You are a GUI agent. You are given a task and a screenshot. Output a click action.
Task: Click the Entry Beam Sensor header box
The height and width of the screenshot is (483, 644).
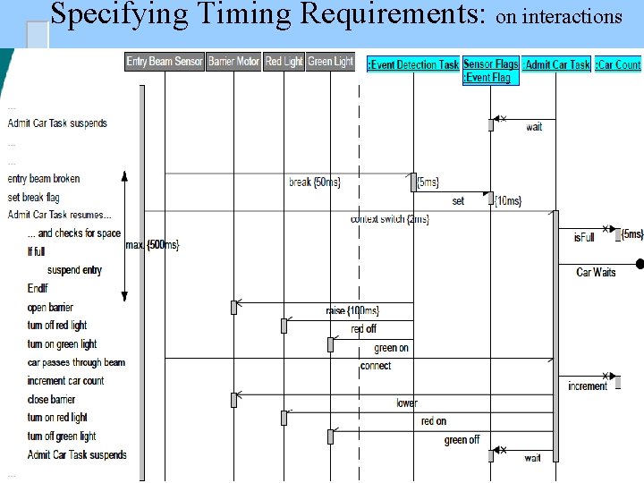pyautogui.click(x=165, y=62)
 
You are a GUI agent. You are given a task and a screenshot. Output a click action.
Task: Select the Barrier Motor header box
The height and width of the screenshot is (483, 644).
pyautogui.click(x=233, y=62)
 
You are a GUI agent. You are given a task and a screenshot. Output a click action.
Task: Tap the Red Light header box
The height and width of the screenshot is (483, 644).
pyautogui.click(x=284, y=62)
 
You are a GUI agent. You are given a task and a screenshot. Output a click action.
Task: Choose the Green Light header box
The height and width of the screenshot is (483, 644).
pyautogui.click(x=331, y=62)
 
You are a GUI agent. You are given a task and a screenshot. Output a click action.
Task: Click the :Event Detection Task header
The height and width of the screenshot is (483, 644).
pyautogui.click(x=413, y=64)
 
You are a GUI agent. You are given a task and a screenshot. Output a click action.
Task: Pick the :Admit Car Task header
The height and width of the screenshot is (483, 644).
pyautogui.click(x=556, y=64)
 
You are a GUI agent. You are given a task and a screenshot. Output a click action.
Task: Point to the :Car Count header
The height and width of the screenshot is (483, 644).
pyautogui.click(x=618, y=64)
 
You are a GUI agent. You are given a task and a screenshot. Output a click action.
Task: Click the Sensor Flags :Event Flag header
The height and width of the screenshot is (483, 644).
pyautogui.click(x=490, y=71)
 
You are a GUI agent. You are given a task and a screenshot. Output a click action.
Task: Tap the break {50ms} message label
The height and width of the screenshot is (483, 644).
pyautogui.click(x=314, y=182)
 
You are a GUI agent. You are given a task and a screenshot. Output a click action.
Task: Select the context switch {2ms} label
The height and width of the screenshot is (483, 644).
pyautogui.click(x=390, y=219)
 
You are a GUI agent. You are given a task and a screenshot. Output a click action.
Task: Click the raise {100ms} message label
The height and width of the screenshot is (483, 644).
pyautogui.click(x=352, y=310)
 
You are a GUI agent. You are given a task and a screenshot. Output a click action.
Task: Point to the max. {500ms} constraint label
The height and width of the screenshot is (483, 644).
pyautogui.click(x=152, y=244)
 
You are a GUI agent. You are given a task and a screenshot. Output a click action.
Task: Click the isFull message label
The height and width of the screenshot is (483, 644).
pyautogui.click(x=584, y=238)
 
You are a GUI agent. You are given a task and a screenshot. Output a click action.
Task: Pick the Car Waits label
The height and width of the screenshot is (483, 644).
pyautogui.click(x=596, y=272)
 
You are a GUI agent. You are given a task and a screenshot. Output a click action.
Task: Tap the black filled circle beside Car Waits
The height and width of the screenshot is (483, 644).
pyautogui.click(x=640, y=264)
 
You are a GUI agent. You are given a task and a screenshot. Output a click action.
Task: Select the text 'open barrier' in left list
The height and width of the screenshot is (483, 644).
pyautogui.click(x=50, y=308)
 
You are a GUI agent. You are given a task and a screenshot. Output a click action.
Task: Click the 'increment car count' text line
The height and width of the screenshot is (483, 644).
pyautogui.click(x=65, y=381)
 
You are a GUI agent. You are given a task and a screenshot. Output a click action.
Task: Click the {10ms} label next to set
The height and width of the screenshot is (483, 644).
pyautogui.click(x=508, y=200)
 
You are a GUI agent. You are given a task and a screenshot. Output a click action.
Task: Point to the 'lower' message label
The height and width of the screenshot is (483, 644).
pyautogui.click(x=407, y=403)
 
